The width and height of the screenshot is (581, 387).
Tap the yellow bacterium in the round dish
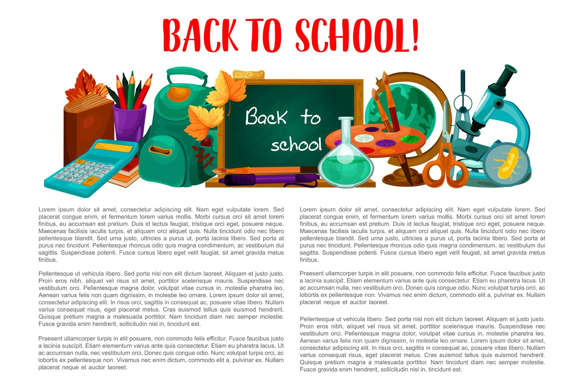(x=507, y=162)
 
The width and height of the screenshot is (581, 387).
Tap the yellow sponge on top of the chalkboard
(x=249, y=74)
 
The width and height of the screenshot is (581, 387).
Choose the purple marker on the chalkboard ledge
(x=269, y=179)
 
